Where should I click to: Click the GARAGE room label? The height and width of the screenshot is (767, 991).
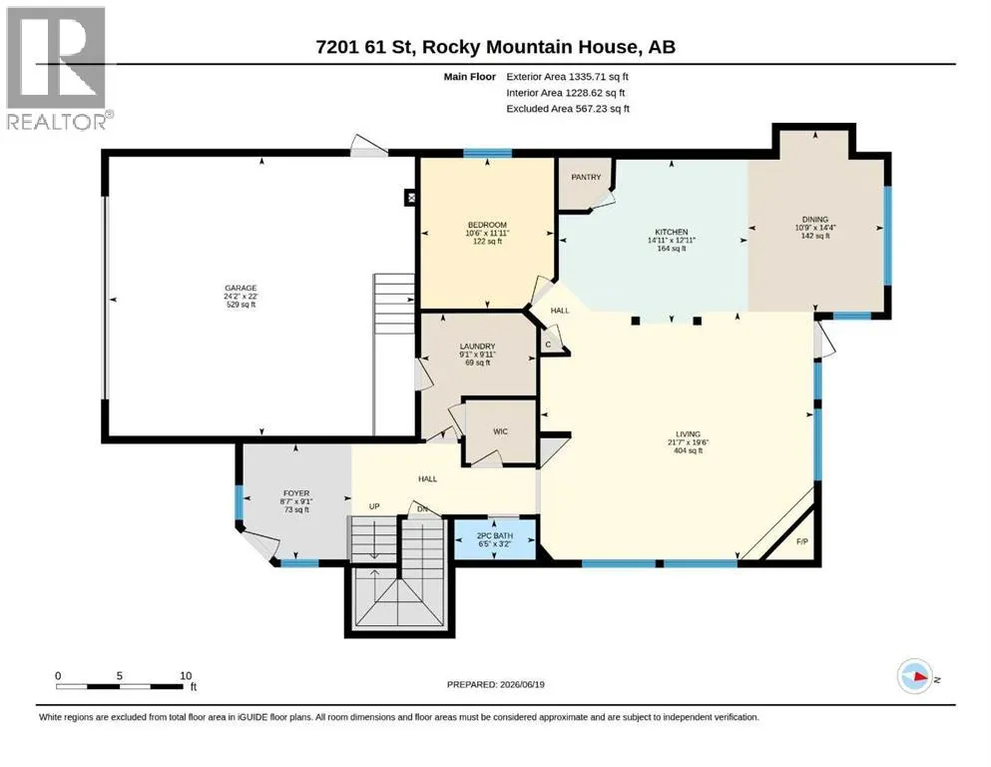[241, 288]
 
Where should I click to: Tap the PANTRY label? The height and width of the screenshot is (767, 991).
[586, 177]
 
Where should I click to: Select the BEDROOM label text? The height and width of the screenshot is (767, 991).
[487, 225]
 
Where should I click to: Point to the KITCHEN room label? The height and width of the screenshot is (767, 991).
[672, 232]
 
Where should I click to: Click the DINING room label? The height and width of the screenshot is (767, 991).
[814, 220]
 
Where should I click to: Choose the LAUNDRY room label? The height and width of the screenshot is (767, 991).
[477, 347]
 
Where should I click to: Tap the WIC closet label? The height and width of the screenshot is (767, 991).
[501, 431]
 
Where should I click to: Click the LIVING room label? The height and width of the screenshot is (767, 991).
[689, 434]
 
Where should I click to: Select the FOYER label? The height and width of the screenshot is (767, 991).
[296, 493]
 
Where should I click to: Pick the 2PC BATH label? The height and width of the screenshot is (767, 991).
[495, 535]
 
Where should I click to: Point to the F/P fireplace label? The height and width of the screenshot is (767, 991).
[802, 542]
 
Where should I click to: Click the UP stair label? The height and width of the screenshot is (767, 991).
[374, 506]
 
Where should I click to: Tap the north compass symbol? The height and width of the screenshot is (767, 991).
[914, 676]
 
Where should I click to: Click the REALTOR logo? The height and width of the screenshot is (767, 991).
[57, 68]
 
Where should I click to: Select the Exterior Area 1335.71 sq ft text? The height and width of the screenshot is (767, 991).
[567, 77]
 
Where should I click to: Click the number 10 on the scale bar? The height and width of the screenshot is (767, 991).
[186, 675]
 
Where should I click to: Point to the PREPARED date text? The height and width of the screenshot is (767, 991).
[495, 684]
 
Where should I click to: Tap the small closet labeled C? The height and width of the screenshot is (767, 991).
[548, 345]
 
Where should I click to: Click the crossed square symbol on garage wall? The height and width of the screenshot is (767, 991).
[411, 198]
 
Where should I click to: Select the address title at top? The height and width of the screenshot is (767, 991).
[495, 47]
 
